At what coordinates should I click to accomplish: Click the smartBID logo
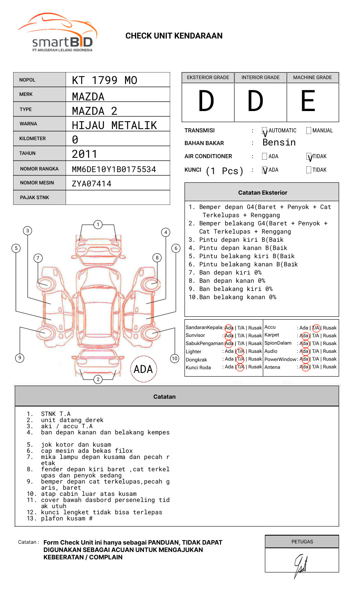pyautogui.click(x=57, y=33)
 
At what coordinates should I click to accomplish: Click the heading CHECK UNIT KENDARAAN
pyautogui.click(x=174, y=36)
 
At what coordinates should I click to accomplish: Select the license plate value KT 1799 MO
pyautogui.click(x=105, y=80)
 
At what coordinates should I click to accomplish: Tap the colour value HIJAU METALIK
pyautogui.click(x=114, y=125)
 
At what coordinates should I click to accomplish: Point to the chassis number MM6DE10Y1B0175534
pyautogui.click(x=114, y=169)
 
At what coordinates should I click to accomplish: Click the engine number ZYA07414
pyautogui.click(x=91, y=184)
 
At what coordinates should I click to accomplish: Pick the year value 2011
pyautogui.click(x=84, y=154)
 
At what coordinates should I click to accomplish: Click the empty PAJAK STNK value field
pyautogui.click(x=118, y=198)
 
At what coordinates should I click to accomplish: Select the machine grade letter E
pyautogui.click(x=308, y=101)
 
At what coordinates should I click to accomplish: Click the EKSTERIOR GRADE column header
pyautogui.click(x=208, y=77)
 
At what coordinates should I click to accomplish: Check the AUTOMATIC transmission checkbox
pyautogui.click(x=264, y=131)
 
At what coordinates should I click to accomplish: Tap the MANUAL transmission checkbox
pyautogui.click(x=309, y=131)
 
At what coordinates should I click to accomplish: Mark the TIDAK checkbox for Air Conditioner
pyautogui.click(x=309, y=157)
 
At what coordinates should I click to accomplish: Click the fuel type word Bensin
pyautogui.click(x=279, y=143)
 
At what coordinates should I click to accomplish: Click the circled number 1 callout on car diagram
pyautogui.click(x=98, y=225)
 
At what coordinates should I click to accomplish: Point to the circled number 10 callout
pyautogui.click(x=175, y=359)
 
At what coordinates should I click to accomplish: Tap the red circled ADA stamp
pyautogui.click(x=143, y=369)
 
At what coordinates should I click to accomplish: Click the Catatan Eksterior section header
pyautogui.click(x=262, y=193)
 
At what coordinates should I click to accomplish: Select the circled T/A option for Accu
pyautogui.click(x=316, y=328)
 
